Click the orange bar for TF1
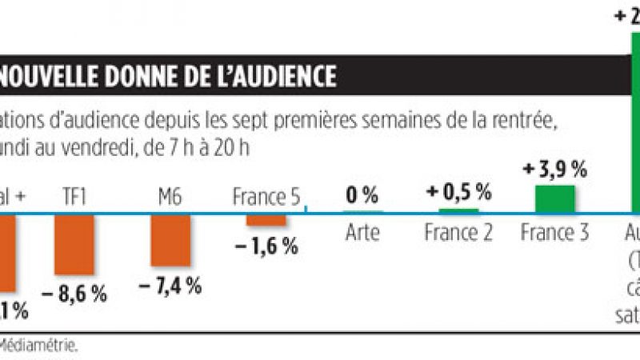(x=74, y=244)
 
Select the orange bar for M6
(x=170, y=240)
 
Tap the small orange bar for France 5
(x=266, y=219)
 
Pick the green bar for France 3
(x=555, y=198)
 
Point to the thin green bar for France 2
(x=458, y=211)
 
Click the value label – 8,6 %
(x=74, y=293)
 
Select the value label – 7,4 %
(x=170, y=286)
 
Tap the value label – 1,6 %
(x=266, y=246)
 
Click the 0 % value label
(x=362, y=194)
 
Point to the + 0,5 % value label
(x=458, y=192)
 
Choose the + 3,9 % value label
(x=555, y=170)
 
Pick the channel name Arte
(x=362, y=233)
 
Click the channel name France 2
(x=458, y=233)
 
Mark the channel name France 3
(x=555, y=233)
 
